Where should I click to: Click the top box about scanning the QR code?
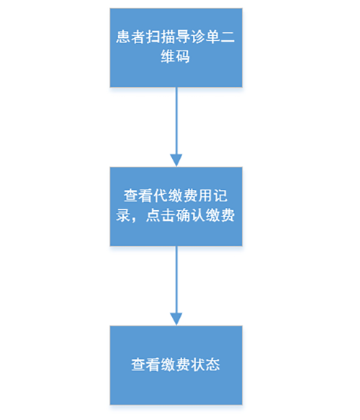176,47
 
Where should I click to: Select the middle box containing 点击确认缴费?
176,206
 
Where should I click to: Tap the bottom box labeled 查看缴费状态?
176,365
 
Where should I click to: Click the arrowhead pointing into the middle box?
176,160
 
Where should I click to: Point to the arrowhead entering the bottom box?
176,319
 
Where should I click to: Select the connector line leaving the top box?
176,121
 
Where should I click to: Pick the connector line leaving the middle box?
176,280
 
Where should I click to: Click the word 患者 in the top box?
130,37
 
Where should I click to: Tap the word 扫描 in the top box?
161,37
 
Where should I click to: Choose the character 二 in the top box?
228,37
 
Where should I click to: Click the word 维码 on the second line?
176,57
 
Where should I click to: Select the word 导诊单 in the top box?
198,37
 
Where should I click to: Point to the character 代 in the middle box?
161,196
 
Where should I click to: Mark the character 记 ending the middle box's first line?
220,196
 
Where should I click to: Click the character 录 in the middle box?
123,215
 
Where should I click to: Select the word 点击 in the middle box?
161,215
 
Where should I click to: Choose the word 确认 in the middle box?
190,215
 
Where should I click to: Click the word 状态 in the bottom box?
205,365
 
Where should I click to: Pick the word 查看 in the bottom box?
145,365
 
